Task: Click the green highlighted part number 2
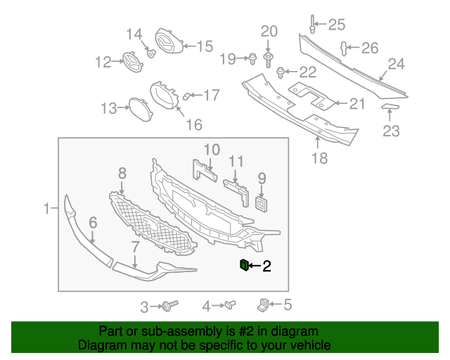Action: click(244, 265)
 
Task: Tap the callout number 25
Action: click(337, 25)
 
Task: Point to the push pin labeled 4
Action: click(262, 304)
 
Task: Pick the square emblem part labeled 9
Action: click(262, 203)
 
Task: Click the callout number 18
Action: click(319, 159)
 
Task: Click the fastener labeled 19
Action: click(250, 58)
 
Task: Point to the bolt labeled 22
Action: click(281, 71)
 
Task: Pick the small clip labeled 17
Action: click(186, 95)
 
